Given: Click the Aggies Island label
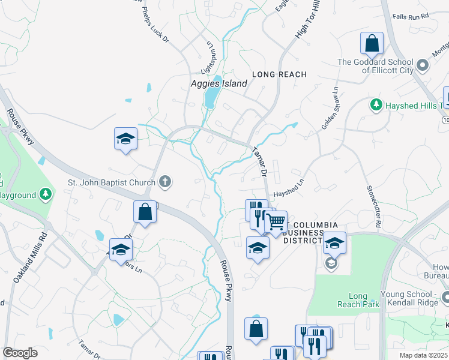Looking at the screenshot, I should point(218,83).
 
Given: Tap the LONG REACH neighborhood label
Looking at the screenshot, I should point(279,74).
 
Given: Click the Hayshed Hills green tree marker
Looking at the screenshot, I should point(376,105).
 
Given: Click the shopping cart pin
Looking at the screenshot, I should point(276,222).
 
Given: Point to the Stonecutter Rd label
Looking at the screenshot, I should point(374,205).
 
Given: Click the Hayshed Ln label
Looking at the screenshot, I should point(289,190).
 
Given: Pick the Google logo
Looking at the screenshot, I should point(20,353).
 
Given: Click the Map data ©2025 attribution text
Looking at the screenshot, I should point(423,355).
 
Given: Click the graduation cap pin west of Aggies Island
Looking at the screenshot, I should point(125,139).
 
